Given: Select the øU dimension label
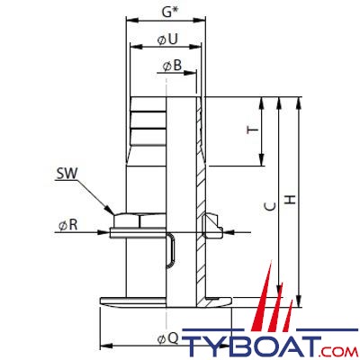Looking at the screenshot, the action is point(168,39).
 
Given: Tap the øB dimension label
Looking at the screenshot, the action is point(173,66).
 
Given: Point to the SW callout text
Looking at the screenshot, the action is point(67,174).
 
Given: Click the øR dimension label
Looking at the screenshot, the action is point(68,224).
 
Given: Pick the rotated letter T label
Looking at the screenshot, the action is point(253,130).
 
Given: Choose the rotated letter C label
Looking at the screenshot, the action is point(271,206).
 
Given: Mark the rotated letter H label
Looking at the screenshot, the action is point(290,200).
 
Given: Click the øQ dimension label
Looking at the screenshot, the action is point(168,339).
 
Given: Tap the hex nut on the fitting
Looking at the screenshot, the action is point(139,220).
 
